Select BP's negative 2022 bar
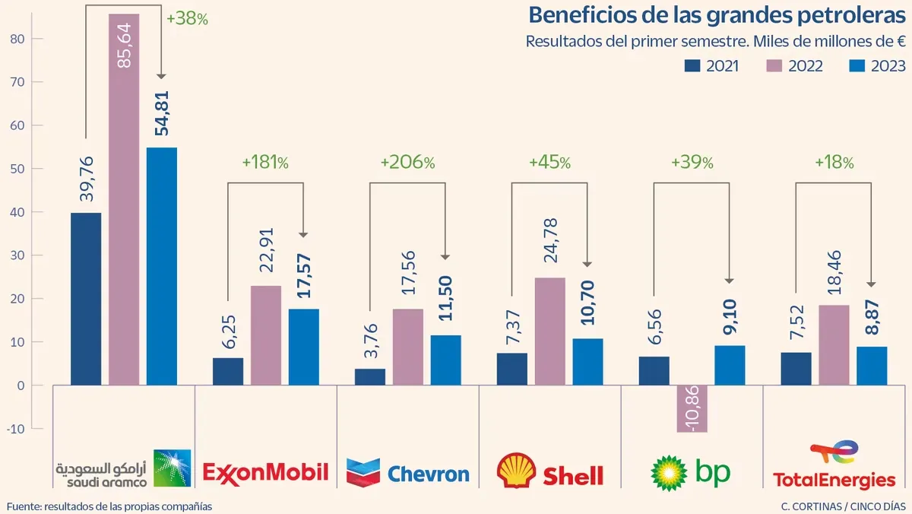click(691, 409)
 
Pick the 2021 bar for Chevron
click(370, 377)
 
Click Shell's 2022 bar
click(549, 332)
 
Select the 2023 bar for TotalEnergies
click(871, 366)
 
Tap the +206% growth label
click(407, 162)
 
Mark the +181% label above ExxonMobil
click(265, 162)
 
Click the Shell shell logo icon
click(516, 470)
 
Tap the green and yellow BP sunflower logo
click(670, 471)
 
